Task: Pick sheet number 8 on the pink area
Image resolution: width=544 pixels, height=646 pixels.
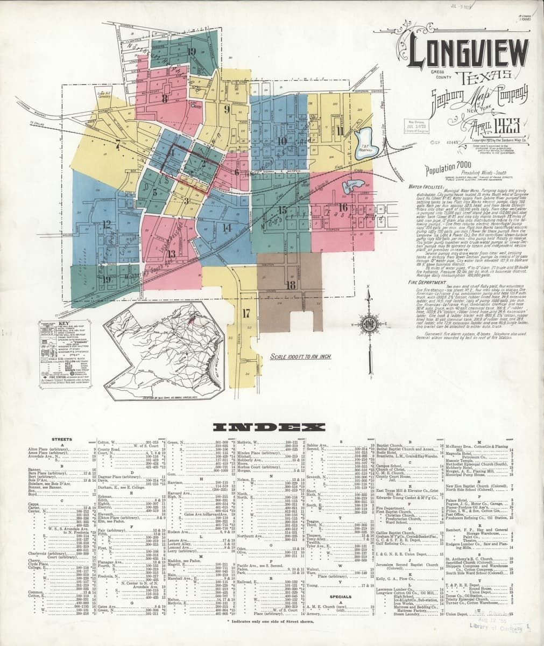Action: click(165, 99)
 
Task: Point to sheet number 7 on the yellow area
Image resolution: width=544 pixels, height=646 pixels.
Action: click(117, 144)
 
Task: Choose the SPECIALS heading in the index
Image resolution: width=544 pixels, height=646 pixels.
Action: click(340, 596)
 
